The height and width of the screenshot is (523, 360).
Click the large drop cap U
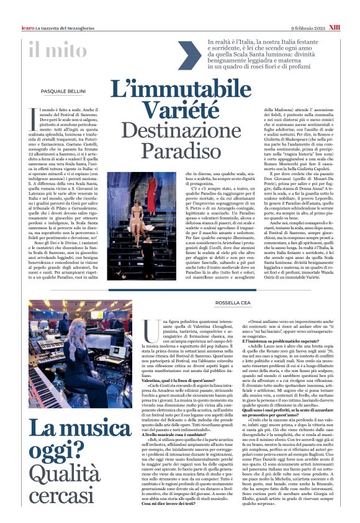click(x=148, y=327)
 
